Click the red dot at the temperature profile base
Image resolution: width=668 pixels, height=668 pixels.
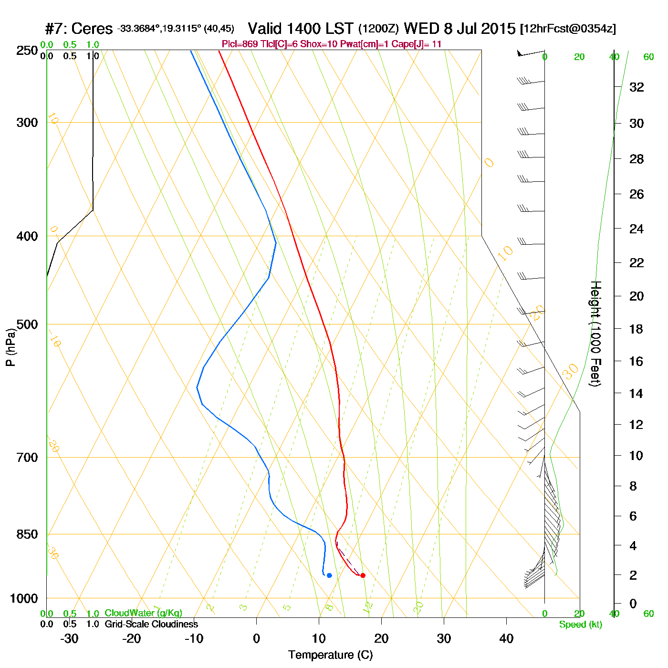coord(363,575)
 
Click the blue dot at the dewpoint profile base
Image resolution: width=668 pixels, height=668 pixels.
coord(329,575)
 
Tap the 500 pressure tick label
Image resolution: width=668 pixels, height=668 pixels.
coord(27,324)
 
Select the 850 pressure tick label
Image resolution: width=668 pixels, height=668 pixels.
coord(27,534)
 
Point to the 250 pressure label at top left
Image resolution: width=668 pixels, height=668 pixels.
coord(27,51)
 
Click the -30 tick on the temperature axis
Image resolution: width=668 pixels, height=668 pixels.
coord(69,638)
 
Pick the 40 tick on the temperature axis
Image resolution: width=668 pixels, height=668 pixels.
coord(506,638)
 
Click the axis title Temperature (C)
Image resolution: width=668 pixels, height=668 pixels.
coord(330,655)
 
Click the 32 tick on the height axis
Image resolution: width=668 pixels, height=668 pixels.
coord(637,87)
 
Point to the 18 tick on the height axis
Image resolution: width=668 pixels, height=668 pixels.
coord(637,329)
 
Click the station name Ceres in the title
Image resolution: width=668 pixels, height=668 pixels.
coord(92,29)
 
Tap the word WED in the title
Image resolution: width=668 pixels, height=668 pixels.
coord(422,29)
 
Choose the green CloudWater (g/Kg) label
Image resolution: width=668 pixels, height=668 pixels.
coord(143,613)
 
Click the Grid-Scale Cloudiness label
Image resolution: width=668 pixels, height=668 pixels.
coord(151,624)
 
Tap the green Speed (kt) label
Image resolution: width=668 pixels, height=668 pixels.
coord(581,625)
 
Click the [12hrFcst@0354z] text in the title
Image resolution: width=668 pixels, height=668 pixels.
coord(568,29)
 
